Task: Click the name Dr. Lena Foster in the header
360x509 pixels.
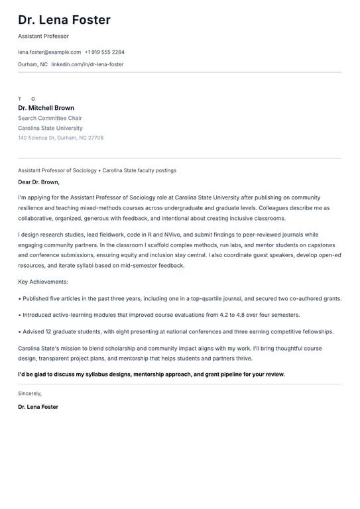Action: coord(64,20)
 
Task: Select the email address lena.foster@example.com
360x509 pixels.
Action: coord(50,52)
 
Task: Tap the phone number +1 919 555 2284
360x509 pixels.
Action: coord(105,52)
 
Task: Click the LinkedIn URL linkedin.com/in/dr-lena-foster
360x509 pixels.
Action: coord(88,64)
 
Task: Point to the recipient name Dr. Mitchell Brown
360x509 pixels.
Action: coord(46,108)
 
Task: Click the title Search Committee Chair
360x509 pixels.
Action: coord(50,118)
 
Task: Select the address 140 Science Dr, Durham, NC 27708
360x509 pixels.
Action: coord(60,138)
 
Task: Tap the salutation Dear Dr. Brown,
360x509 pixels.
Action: coord(38,182)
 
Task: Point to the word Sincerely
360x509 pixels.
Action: coord(30,393)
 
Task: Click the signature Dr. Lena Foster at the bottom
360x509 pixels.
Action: coord(38,407)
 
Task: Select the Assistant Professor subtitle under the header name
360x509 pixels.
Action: coord(43,36)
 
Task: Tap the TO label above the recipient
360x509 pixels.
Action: coord(27,99)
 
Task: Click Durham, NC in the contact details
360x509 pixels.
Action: coord(32,64)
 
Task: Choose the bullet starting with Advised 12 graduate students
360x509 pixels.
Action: coord(178,331)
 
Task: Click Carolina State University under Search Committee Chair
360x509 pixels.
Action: coord(50,128)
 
